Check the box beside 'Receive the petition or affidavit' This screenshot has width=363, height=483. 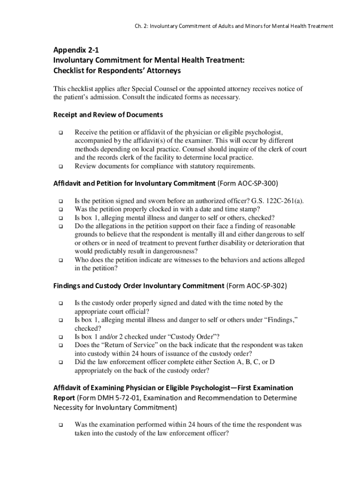click(x=61, y=133)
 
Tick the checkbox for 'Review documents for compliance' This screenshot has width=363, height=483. click(x=61, y=167)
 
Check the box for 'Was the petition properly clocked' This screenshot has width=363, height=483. click(x=61, y=209)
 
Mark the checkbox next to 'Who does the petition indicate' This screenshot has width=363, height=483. click(x=61, y=260)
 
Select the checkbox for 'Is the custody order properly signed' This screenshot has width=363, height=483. click(x=61, y=303)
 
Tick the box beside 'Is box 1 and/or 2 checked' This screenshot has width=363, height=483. click(x=61, y=337)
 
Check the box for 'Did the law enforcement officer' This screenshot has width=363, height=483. click(x=61, y=363)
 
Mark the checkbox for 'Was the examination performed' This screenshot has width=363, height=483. click(x=61, y=425)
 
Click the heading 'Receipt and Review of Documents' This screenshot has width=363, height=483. click(x=108, y=115)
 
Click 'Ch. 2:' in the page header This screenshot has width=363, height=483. click(x=139, y=25)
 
